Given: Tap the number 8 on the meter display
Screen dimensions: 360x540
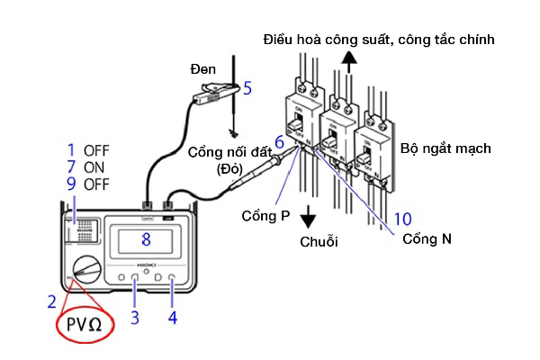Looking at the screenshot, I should (x=147, y=240).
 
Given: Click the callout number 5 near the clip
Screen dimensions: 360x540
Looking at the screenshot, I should (x=247, y=88).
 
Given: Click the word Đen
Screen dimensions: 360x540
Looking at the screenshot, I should (x=204, y=69).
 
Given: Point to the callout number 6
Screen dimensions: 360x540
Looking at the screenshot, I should (x=280, y=142).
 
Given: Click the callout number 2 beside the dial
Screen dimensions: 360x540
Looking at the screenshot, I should (x=52, y=301).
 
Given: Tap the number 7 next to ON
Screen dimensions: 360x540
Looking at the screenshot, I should (x=70, y=167).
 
